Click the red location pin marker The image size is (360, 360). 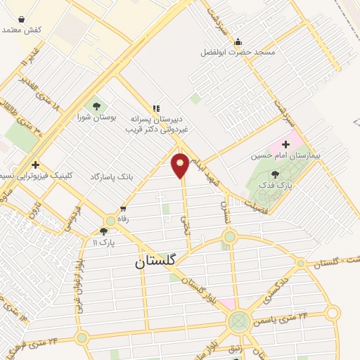tap(180, 165)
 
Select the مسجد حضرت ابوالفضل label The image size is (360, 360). tap(238, 53)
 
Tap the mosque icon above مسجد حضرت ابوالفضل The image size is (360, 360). tap(238, 41)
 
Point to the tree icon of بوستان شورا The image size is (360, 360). tap(96, 107)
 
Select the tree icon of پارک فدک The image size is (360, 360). tap(274, 174)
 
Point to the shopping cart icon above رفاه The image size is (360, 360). tap(123, 209)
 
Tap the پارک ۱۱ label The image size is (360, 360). tap(104, 242)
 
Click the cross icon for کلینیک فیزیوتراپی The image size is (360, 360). tap(34, 165)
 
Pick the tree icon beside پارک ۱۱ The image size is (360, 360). tap(104, 231)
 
